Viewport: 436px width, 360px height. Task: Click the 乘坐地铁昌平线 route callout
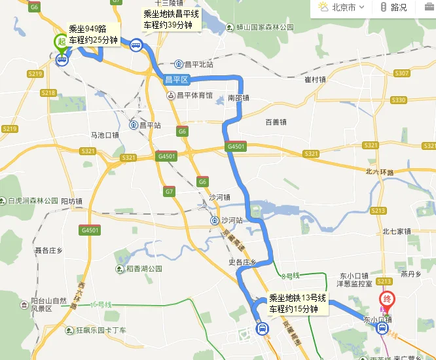172,20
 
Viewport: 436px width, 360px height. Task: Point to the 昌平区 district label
176,80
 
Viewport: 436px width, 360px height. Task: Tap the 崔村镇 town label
315,79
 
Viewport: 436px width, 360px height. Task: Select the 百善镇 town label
276,122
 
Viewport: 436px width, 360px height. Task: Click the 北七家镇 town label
396,231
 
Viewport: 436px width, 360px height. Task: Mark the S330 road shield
398,100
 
